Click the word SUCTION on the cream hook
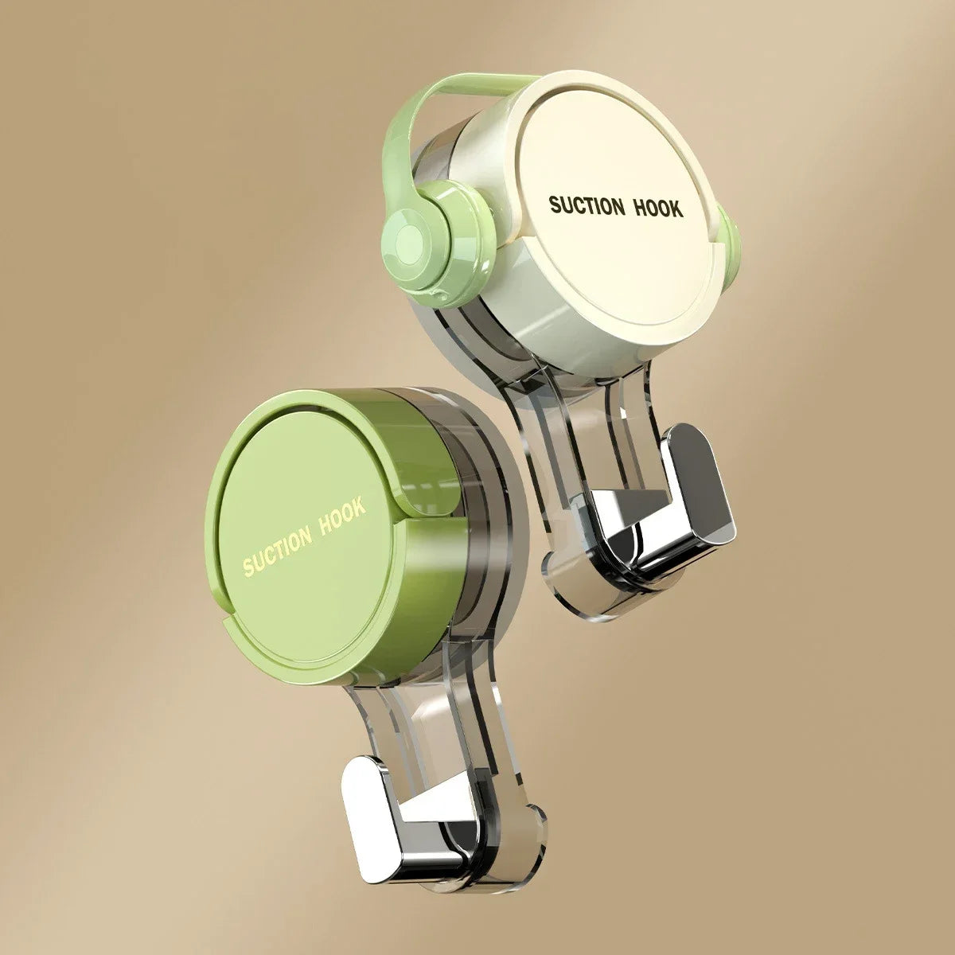coord(587,206)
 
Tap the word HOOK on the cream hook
coord(657,208)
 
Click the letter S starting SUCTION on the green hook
coord(248,568)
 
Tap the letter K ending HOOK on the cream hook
coord(676,209)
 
